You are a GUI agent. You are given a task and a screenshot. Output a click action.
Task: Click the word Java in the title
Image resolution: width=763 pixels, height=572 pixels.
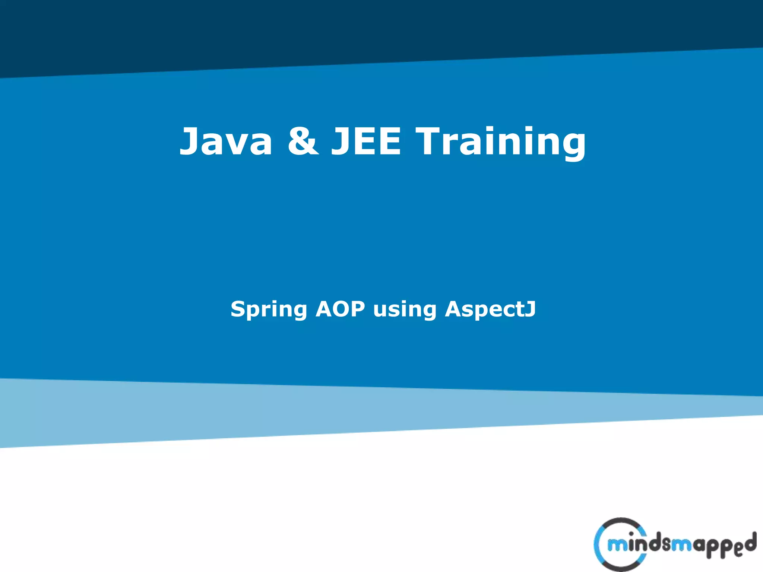coord(226,142)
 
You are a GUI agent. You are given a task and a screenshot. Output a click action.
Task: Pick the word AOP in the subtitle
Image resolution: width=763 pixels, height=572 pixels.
coord(340,309)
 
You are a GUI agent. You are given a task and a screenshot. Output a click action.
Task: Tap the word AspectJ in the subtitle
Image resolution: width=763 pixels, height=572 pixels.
coord(490,309)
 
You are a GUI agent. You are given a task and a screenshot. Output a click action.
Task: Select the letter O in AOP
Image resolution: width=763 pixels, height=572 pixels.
coord(340,309)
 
